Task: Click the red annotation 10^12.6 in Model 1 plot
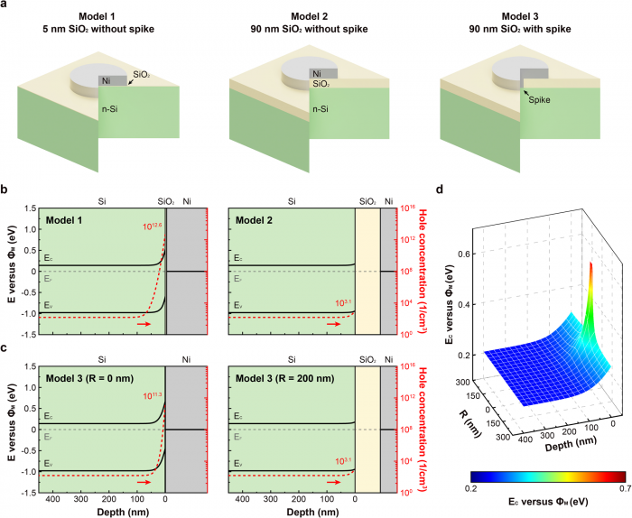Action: (150, 226)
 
